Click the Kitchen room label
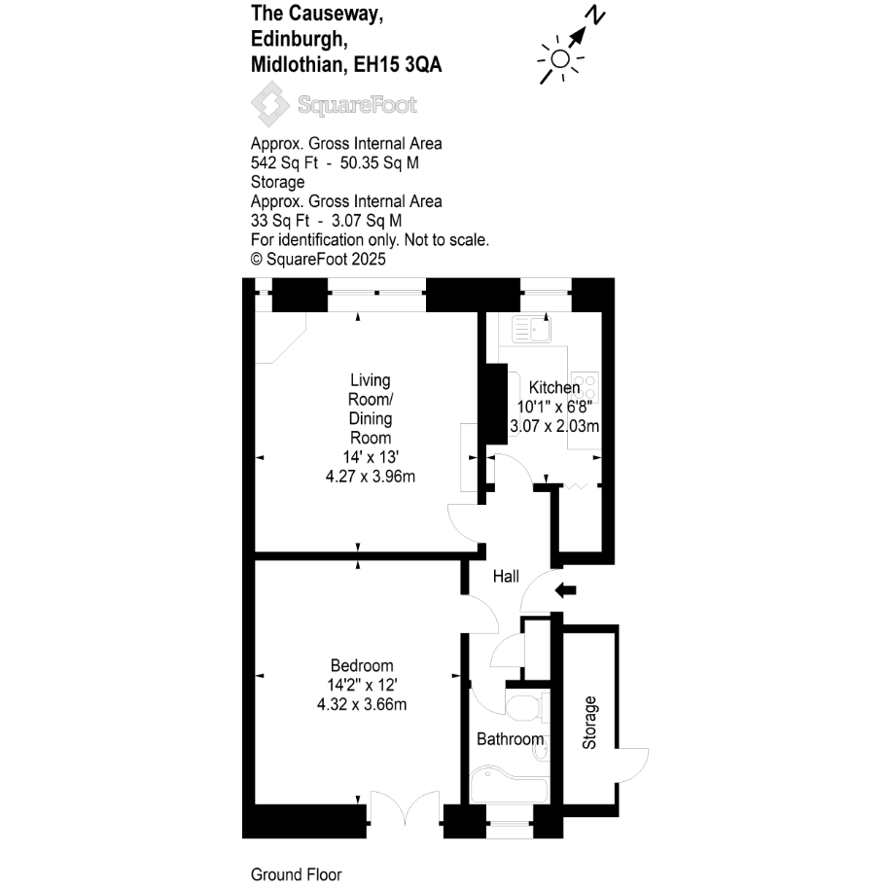pos(554,388)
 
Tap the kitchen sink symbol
pos(531,329)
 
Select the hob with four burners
pos(585,387)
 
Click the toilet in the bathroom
pos(527,707)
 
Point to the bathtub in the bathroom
pos(509,785)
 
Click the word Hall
pos(506,577)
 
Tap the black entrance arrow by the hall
pos(565,590)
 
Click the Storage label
pos(589,723)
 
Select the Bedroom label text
pos(362,665)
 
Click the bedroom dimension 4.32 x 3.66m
pos(362,704)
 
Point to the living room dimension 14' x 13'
pos(371,457)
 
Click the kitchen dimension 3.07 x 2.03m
pos(554,426)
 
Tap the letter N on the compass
pos(595,15)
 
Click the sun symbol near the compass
pos(560,59)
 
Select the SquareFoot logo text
pos(357,105)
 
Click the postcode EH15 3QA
pos(398,64)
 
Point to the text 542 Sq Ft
pos(284,162)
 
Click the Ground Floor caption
pos(296,874)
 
